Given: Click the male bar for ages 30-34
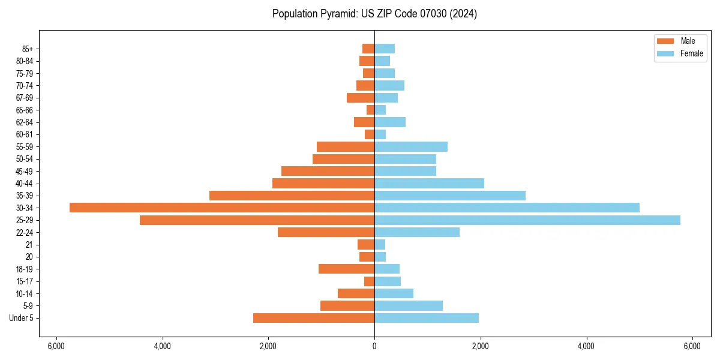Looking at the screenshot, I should tap(222, 208).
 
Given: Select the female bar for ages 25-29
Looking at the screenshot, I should tap(527, 220).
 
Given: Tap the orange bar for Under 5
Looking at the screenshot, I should tap(314, 318).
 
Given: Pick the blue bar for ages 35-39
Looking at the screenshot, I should tap(450, 196).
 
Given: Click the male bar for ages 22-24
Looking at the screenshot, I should tap(326, 232).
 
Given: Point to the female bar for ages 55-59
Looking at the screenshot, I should tap(411, 146).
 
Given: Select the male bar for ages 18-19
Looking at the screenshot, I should tap(346, 269).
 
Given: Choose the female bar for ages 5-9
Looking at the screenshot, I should tap(409, 306).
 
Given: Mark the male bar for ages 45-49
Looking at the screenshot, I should tap(328, 171).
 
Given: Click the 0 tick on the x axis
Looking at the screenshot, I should tap(374, 346).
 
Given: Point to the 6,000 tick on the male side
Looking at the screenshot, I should tap(56, 346).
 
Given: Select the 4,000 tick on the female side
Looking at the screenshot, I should tap(586, 346).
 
